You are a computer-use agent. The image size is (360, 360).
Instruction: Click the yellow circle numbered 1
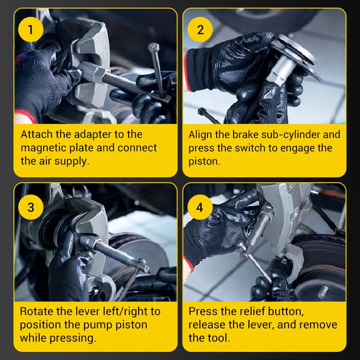click(x=31, y=29)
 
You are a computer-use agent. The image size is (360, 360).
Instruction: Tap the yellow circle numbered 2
click(x=200, y=29)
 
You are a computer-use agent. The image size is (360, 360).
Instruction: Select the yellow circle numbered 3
click(x=31, y=207)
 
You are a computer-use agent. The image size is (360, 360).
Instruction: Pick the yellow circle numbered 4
click(x=200, y=207)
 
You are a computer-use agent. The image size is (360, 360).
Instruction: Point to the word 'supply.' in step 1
click(x=72, y=162)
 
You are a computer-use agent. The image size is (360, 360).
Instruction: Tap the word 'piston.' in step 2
click(x=204, y=162)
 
